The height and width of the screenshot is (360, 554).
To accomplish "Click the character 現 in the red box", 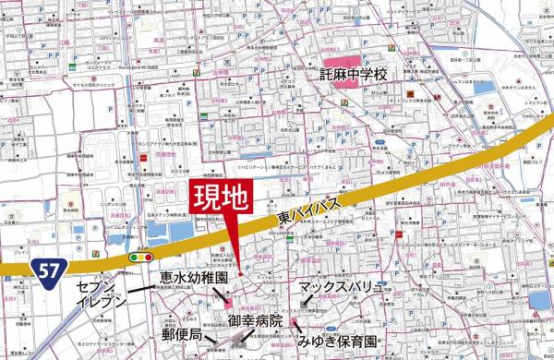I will point(206,197).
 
